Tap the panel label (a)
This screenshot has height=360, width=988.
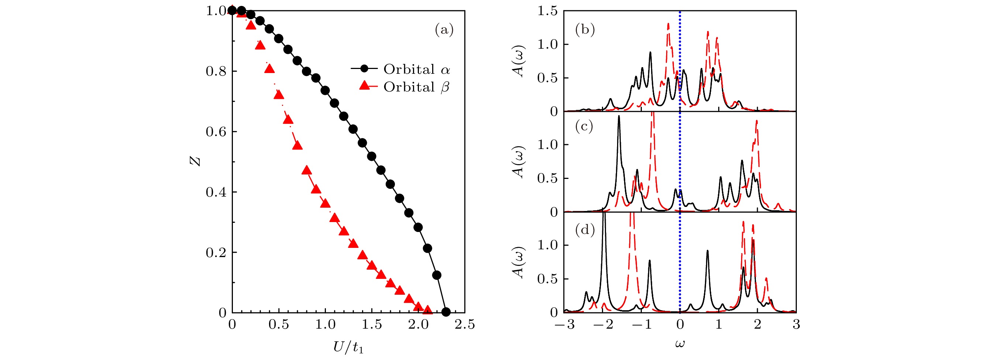pyautogui.click(x=444, y=30)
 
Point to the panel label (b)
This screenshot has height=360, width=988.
pyautogui.click(x=585, y=30)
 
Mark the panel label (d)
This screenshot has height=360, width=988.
pyautogui.click(x=585, y=230)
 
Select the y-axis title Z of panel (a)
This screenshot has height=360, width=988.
pyautogui.click(x=196, y=162)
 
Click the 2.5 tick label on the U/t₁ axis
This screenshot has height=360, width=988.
pyautogui.click(x=464, y=325)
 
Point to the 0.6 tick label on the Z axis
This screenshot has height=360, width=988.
pyautogui.click(x=216, y=132)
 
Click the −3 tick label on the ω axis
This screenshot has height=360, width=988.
pyautogui.click(x=565, y=325)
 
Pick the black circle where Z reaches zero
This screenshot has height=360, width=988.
pyautogui.click(x=446, y=312)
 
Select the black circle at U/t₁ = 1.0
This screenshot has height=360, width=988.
pyautogui.click(x=325, y=90)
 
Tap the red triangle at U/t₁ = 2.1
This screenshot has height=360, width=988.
pyautogui.click(x=427, y=310)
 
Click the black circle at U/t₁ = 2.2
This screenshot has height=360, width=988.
pyautogui.click(x=437, y=275)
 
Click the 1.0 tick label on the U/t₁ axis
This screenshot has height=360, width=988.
pyautogui.click(x=325, y=325)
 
